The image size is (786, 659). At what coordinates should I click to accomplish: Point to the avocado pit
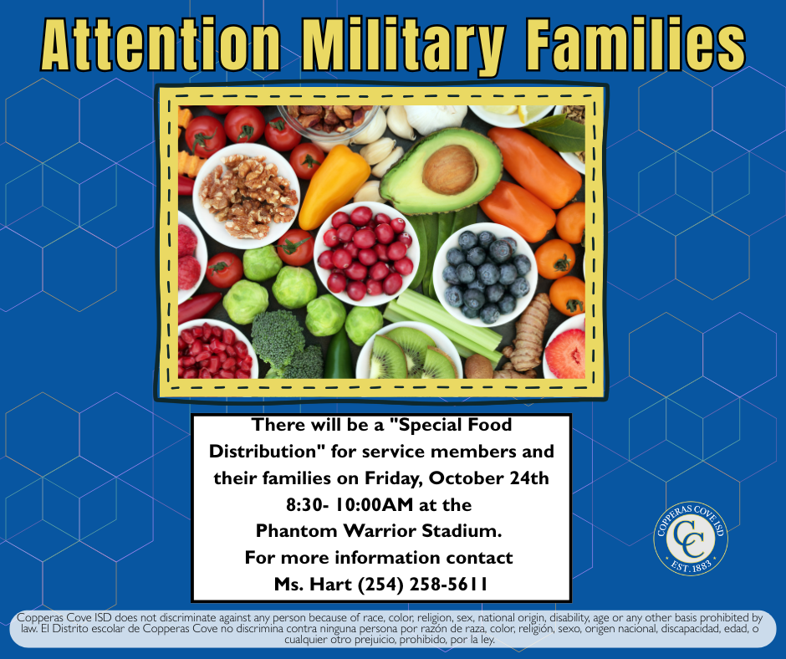click(x=449, y=169)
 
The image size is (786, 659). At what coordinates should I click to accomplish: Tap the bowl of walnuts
click(x=246, y=195)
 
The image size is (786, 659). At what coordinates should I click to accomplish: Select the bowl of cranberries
click(x=365, y=252)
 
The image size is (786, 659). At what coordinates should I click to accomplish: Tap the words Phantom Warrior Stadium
click(x=380, y=531)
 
